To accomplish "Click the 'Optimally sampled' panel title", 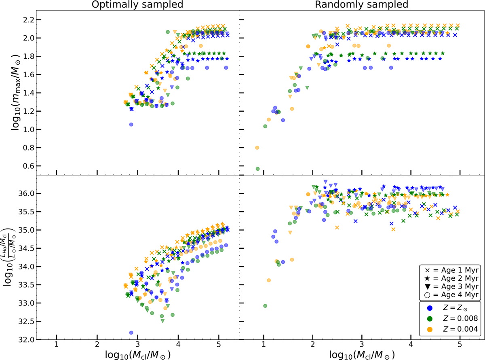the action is (137, 4).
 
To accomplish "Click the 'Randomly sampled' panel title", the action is (361, 4).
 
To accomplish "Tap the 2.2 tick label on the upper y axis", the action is (29, 20).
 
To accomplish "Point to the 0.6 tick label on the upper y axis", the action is (29, 166).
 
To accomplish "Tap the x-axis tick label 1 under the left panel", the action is (57, 345).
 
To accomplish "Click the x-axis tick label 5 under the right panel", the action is (460, 345).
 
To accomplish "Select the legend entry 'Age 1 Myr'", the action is (451, 270).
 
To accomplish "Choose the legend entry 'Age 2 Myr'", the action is (451, 278).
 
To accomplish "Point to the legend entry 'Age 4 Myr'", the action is (451, 294).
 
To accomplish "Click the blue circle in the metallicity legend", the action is (430, 308).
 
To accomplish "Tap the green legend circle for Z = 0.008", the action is (430, 319).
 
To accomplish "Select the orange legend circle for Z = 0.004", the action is (430, 330).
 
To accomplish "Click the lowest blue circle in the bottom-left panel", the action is (131, 332).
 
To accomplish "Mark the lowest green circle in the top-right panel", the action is (257, 169).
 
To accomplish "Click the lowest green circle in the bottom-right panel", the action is (265, 306).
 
